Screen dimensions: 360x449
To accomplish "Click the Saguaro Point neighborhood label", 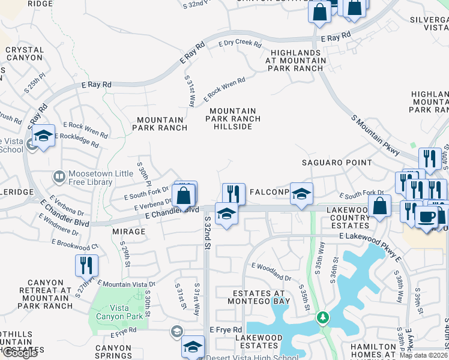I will click(337, 163).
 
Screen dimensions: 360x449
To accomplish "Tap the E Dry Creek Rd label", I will click(240, 44).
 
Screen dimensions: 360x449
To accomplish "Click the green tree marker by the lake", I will click(324, 316).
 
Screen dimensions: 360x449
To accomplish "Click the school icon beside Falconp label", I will click(302, 193).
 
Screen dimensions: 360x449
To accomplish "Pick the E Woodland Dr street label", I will click(271, 271).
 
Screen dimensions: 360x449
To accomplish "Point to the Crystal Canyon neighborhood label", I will click(24, 53).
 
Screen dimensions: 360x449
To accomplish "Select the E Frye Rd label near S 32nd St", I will click(226, 330).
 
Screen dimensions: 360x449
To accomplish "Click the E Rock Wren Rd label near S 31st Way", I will click(224, 89).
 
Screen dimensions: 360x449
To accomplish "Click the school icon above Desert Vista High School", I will click(193, 346).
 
